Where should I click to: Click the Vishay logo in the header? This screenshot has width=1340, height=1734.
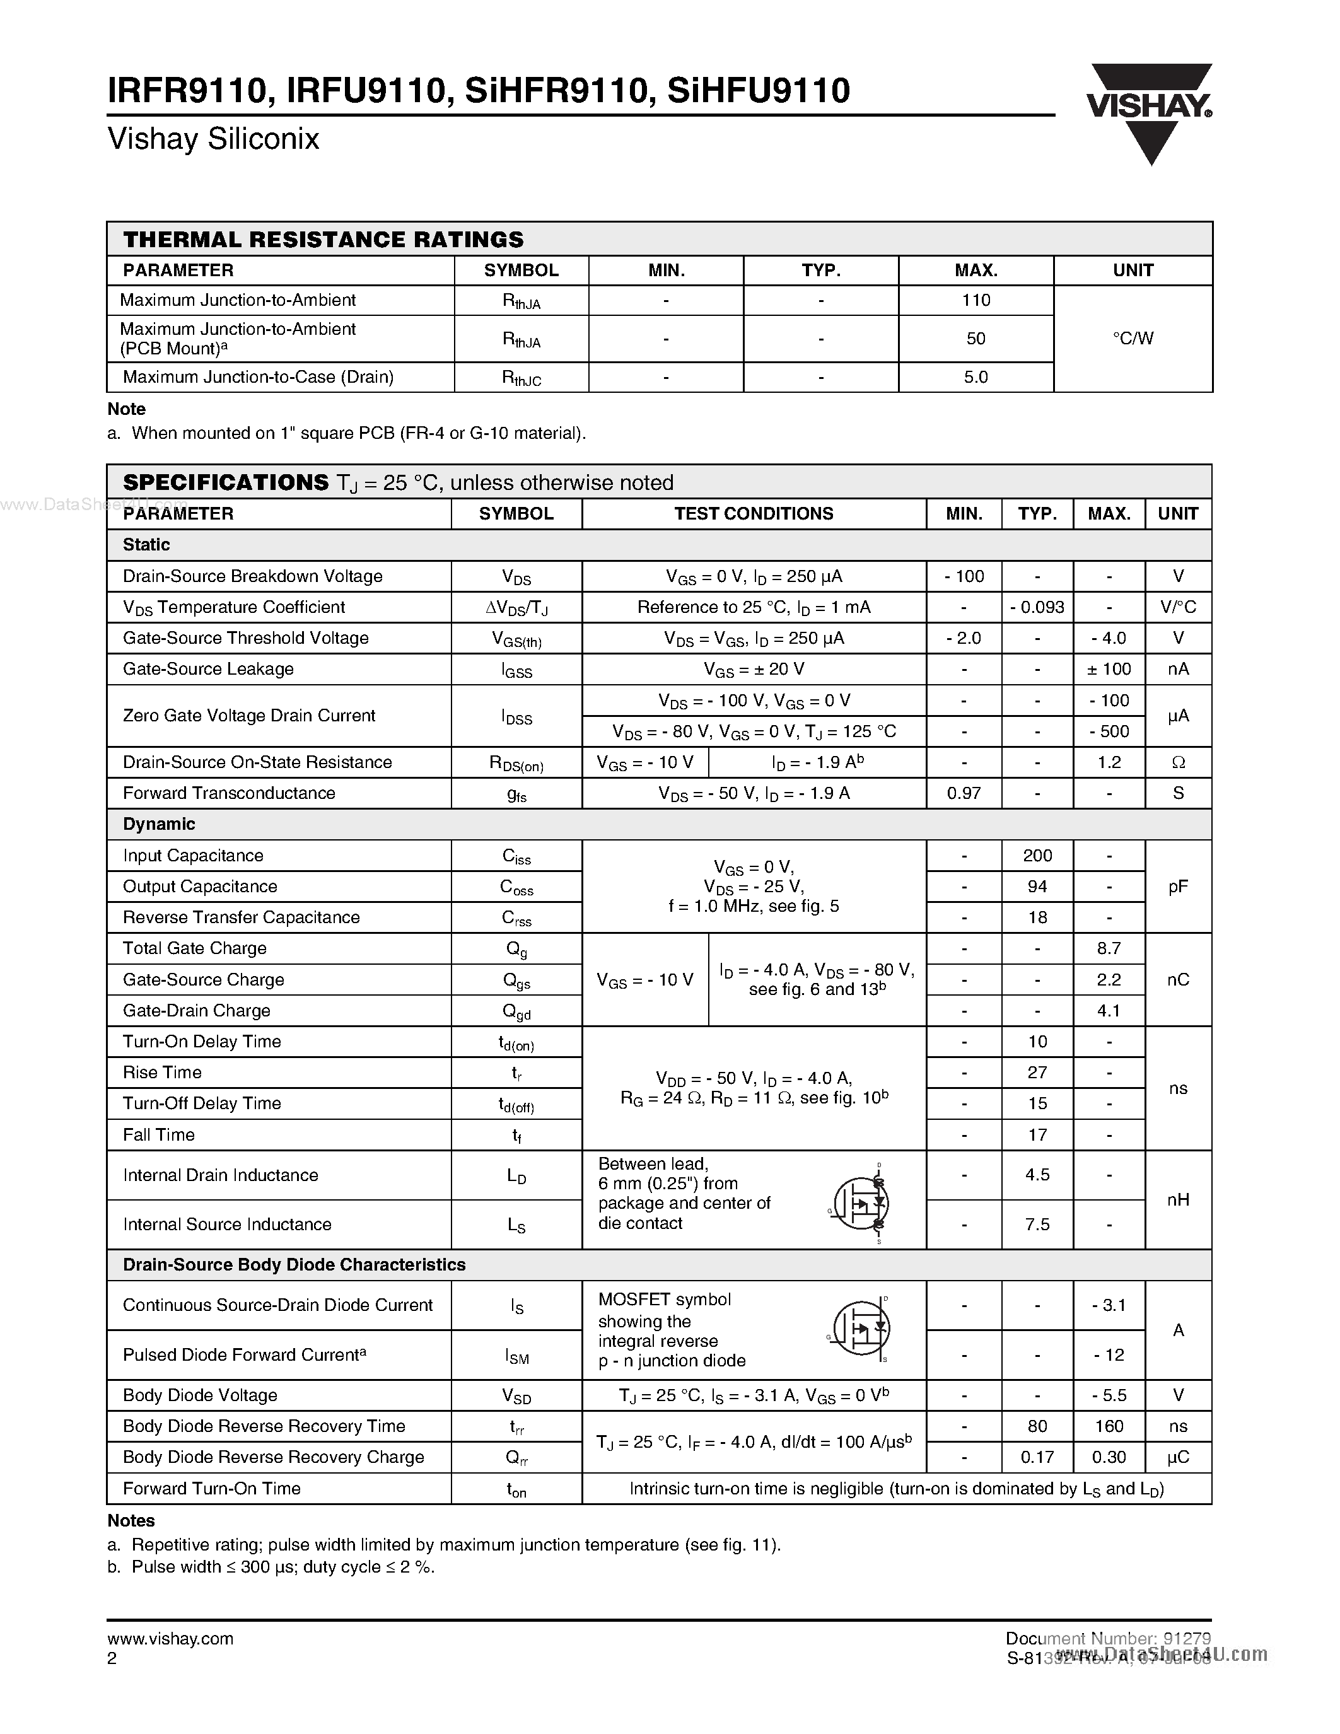(1149, 113)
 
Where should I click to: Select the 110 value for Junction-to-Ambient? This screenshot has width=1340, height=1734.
(976, 300)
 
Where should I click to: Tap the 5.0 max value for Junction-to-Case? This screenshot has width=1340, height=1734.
(976, 377)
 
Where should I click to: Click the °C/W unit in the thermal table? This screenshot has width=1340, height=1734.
(1133, 338)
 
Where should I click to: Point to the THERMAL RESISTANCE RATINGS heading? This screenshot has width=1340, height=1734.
(323, 240)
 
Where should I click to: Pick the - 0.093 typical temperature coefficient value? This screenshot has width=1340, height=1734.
(1037, 607)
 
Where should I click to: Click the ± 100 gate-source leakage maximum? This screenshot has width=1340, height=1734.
(1108, 669)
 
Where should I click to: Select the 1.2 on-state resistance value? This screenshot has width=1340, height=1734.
(1108, 762)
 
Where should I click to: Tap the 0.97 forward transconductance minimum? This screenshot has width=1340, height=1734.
(964, 793)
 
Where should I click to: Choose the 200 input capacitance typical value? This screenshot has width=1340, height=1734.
(1037, 856)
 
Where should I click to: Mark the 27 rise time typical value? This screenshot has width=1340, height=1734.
(1037, 1073)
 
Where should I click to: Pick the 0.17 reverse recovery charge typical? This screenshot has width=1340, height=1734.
(1037, 1458)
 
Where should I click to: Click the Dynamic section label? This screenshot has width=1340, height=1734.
(159, 824)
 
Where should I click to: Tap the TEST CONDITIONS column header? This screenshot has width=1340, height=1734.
(754, 514)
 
